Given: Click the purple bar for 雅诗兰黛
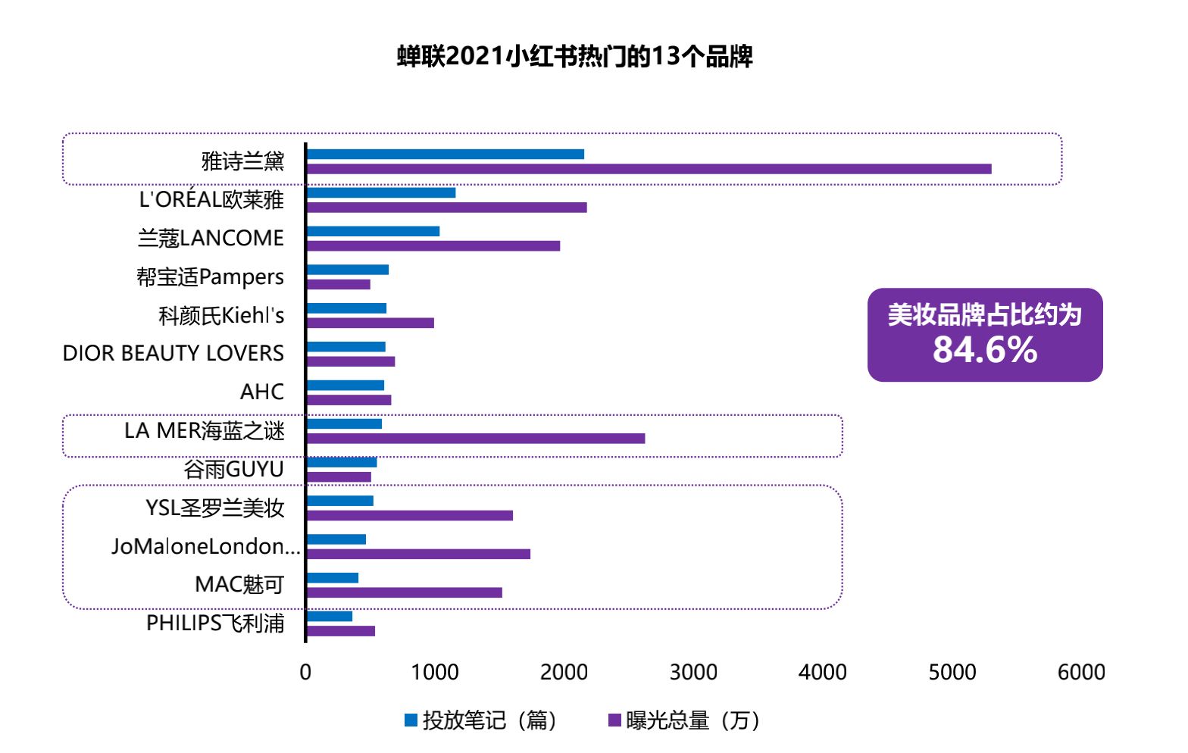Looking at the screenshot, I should click(649, 169).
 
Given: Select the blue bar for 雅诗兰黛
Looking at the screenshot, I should click(445, 155).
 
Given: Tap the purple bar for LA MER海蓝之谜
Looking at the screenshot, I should click(476, 439).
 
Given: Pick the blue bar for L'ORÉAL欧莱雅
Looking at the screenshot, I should click(381, 192).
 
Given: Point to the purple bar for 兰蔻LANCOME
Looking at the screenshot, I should click(433, 245).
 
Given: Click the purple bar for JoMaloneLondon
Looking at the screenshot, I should click(418, 554).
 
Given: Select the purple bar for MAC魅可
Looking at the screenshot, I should click(405, 592).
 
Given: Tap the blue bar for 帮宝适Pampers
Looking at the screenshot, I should click(348, 270).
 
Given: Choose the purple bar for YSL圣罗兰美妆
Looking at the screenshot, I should click(410, 516).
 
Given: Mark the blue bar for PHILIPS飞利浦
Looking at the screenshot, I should click(330, 616).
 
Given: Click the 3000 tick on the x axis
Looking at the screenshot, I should click(693, 672).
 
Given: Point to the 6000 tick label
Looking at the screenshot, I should click(1081, 672).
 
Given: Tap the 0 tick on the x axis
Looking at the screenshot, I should click(305, 672).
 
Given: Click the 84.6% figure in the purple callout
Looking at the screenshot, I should click(985, 350).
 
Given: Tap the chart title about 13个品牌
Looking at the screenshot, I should click(575, 57).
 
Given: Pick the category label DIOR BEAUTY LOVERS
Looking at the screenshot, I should click(174, 353).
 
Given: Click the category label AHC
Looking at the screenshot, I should click(262, 392).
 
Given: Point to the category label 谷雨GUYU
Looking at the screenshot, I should click(234, 469).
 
